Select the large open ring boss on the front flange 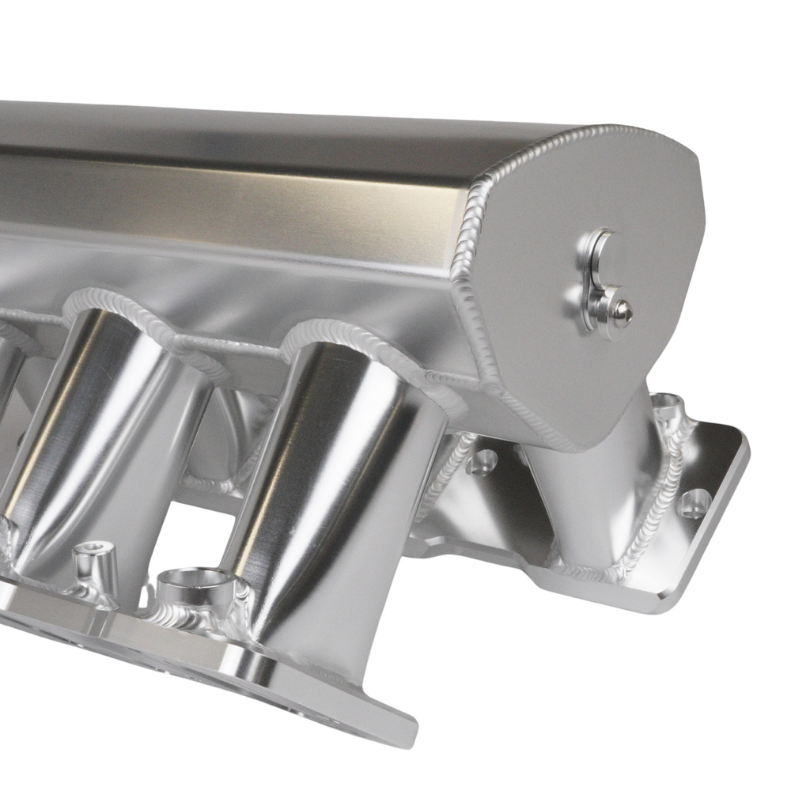(x=194, y=586)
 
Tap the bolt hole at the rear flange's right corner (x=695, y=503)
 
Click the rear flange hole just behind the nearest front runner (x=482, y=461)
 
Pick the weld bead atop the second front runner (x=134, y=305)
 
